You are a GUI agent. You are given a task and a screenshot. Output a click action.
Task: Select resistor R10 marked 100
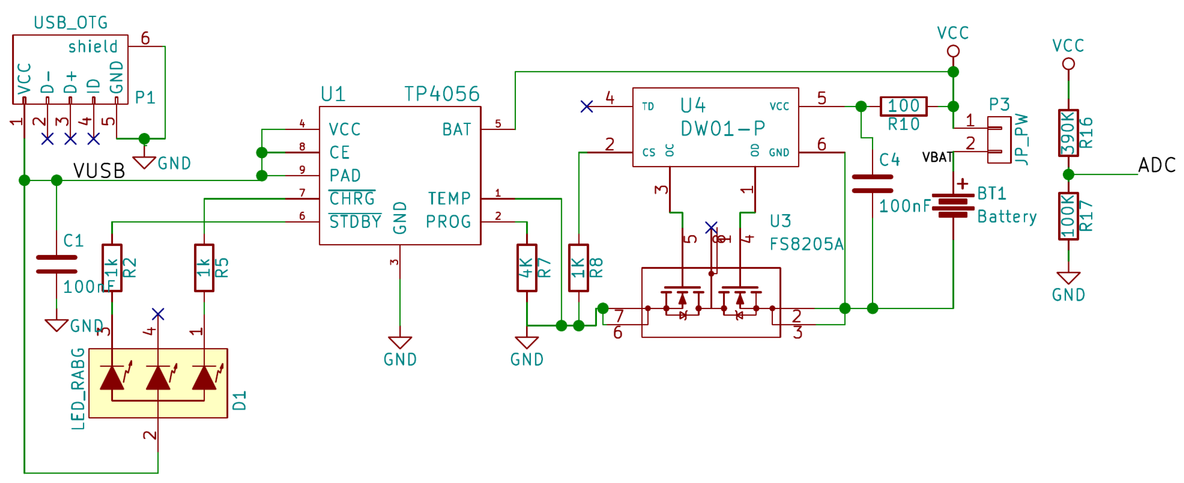903,106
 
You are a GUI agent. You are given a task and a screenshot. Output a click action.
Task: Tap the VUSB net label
99,171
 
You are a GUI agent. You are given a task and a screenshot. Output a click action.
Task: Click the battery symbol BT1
953,205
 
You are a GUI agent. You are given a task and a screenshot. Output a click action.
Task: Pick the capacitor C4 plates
872,183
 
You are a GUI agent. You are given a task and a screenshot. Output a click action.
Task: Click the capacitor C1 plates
56,265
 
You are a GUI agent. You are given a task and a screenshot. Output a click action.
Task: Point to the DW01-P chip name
722,129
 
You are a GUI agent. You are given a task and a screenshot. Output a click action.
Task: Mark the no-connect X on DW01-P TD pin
586,107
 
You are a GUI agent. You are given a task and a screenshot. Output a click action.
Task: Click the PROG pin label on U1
448,222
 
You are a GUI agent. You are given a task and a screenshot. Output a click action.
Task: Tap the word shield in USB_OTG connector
93,46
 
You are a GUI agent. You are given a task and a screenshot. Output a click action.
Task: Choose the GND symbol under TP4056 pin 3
399,343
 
